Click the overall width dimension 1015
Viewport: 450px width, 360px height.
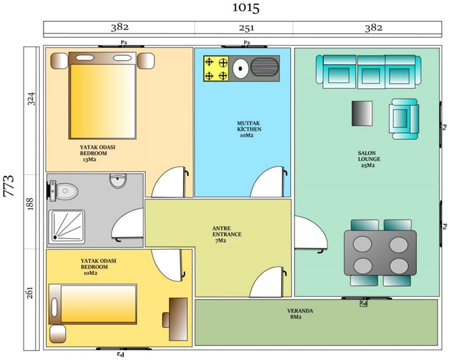coord(246,8)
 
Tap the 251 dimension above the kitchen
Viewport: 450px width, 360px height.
coord(246,28)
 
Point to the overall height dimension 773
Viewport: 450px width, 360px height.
coord(9,186)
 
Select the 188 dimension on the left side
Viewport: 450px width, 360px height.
coord(30,204)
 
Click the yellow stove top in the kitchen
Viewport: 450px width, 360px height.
coord(216,69)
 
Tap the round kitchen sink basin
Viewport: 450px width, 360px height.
coord(241,68)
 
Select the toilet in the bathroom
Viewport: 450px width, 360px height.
coord(63,190)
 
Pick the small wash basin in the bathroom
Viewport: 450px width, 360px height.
coord(118,181)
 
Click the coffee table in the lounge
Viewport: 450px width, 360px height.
coord(362,114)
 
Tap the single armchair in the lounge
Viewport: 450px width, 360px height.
coord(404,119)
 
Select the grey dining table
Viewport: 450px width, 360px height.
coord(380,253)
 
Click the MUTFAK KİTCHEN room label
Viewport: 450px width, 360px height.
coord(249,129)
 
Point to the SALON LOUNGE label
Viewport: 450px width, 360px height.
coord(369,159)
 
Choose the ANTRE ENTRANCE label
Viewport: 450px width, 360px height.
coord(227,234)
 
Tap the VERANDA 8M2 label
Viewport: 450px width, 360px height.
coord(300,314)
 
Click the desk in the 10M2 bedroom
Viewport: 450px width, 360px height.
coord(178,319)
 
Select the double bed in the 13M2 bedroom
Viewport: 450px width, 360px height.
coord(102,96)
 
